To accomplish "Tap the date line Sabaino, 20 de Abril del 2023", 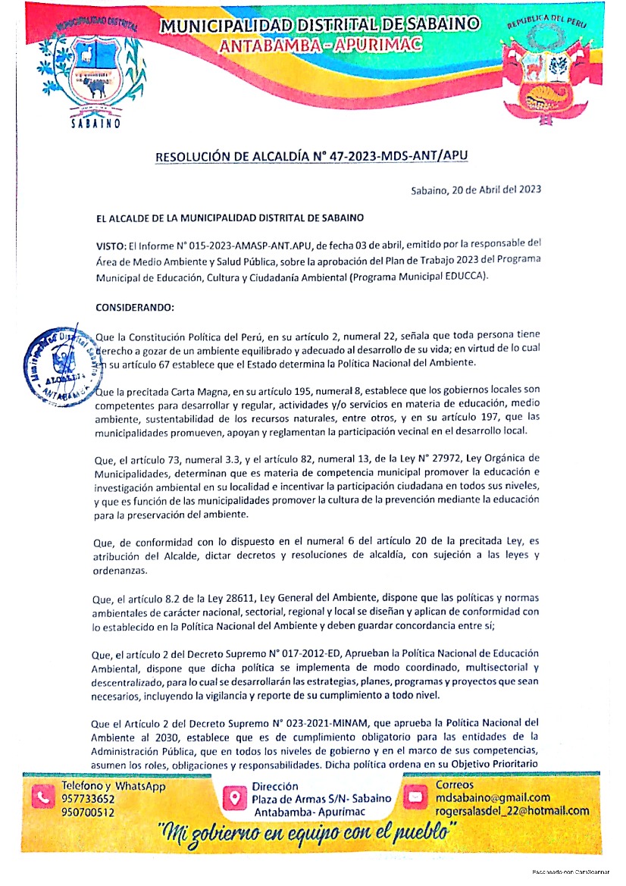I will click(476, 190).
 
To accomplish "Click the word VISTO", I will click(110, 246).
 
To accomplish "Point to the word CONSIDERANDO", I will click(135, 308).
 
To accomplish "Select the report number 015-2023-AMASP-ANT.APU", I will click(242, 246).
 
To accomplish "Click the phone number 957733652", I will click(88, 799).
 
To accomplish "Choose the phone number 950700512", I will click(88, 812).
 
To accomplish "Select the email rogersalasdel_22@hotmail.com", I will click(512, 811).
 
